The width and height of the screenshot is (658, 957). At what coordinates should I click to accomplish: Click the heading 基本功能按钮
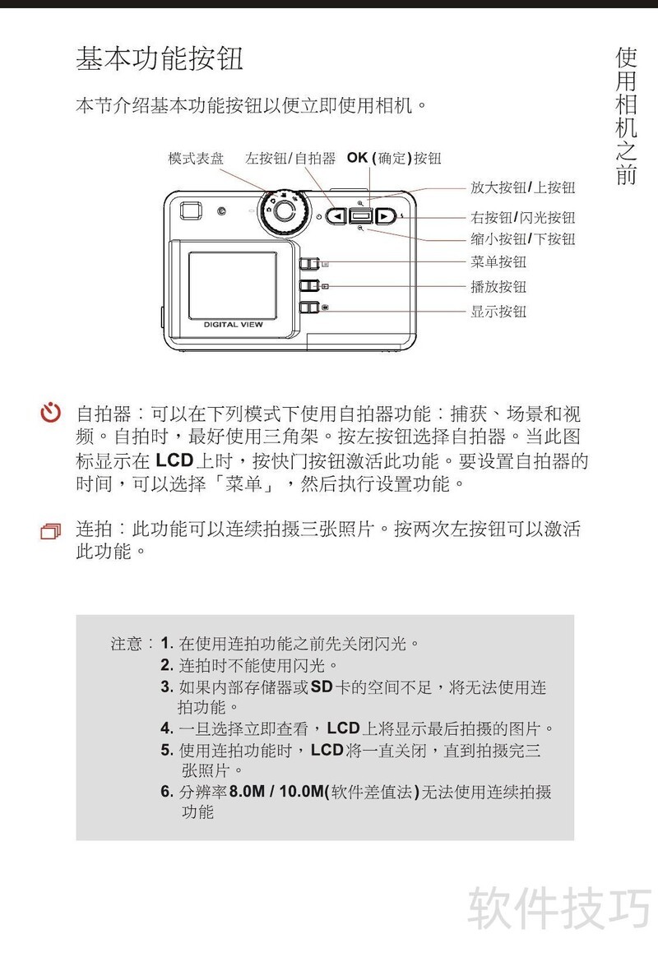pos(160,58)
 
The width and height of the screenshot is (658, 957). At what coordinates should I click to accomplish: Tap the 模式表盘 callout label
pos(196,159)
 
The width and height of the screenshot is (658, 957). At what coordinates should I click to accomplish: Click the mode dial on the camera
pos(283,211)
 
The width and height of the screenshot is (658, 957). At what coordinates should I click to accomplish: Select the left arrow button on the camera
pos(336,215)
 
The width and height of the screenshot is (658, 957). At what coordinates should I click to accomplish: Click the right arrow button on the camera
pos(385,215)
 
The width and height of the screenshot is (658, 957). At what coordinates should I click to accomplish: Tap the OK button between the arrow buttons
pos(360,215)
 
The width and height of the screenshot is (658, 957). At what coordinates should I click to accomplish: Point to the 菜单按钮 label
pos(498,262)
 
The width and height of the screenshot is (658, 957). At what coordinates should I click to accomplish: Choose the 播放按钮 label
pos(498,287)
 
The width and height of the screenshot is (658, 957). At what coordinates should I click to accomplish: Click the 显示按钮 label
pos(498,312)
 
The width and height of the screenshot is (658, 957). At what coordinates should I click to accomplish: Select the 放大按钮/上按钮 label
pos(522,187)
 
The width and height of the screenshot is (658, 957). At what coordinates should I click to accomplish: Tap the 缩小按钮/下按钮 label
pos(522,238)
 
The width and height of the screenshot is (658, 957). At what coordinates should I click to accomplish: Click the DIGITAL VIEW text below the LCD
pos(233,325)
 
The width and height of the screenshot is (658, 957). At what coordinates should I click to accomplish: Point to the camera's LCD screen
pos(233,285)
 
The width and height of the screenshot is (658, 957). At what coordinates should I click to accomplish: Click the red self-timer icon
pos(51,414)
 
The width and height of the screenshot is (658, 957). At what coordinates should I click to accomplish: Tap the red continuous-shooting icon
pos(51,532)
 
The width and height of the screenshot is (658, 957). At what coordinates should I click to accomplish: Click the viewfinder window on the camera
pos(191,210)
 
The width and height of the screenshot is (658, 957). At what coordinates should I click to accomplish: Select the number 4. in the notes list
pos(167,728)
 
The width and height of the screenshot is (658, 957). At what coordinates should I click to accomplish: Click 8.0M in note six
pos(247,792)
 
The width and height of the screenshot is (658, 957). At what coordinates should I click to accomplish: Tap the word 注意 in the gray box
pos(127,644)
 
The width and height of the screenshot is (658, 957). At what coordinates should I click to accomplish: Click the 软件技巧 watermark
pos(559,908)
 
